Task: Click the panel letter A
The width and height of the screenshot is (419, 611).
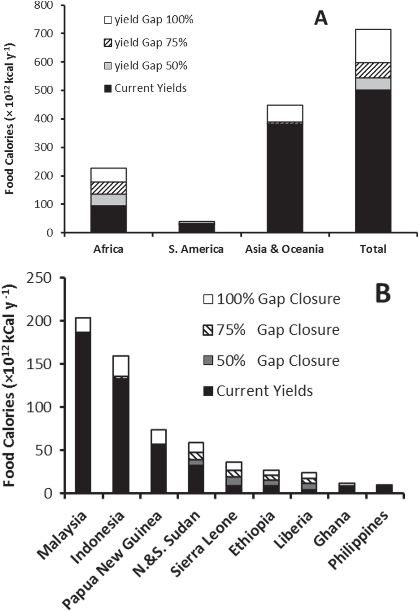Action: [x=321, y=18]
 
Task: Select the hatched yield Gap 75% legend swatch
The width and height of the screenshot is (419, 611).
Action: [x=108, y=43]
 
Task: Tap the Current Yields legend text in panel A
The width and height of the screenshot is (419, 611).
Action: [x=150, y=88]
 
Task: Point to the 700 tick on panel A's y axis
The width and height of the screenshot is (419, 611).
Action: [x=44, y=34]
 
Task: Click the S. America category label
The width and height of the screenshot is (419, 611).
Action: [x=196, y=249]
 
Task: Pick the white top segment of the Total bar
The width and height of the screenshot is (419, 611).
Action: [x=373, y=46]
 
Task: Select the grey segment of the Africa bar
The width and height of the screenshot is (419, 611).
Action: [x=108, y=199]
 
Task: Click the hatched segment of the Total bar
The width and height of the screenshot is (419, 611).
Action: [x=373, y=70]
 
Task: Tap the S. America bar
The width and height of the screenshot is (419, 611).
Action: [x=197, y=227]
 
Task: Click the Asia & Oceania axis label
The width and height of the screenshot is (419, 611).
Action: [x=284, y=249]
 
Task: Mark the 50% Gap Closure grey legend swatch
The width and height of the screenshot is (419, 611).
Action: [x=208, y=361]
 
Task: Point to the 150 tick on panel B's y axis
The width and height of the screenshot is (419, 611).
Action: [x=39, y=364]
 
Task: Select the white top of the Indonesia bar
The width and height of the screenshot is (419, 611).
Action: [x=121, y=366]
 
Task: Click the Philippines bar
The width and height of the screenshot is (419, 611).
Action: [x=384, y=489]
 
